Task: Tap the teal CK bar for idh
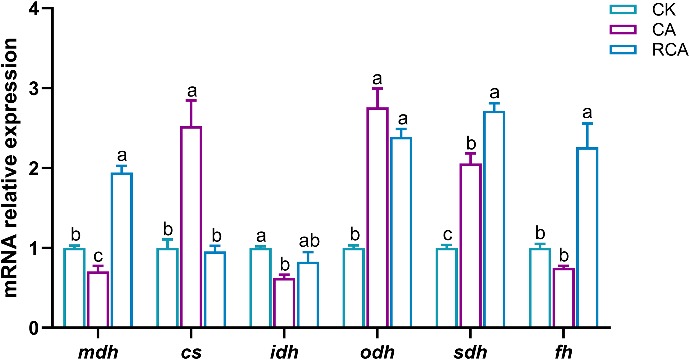pos(261,288)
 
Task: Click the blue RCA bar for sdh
pos(494,219)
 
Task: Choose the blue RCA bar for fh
pos(587,238)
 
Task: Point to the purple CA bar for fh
pos(564,298)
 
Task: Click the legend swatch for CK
pos(623,9)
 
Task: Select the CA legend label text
pos(664,30)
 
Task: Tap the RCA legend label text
pos(670,50)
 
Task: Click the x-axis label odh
pos(377,353)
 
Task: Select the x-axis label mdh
pos(98,353)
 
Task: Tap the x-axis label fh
pos(564,353)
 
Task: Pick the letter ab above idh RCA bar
pos(309,241)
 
